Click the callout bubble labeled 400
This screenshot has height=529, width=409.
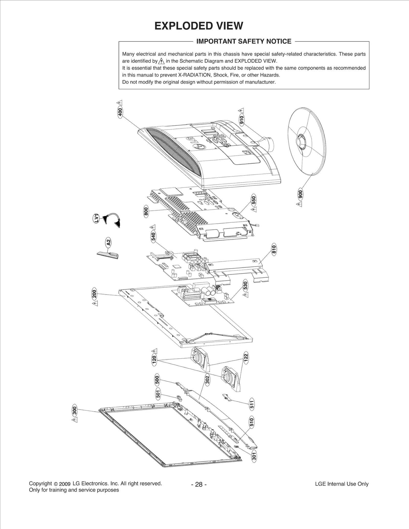point(120,112)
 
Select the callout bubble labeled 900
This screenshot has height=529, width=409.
point(300,195)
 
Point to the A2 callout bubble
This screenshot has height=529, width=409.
point(108,242)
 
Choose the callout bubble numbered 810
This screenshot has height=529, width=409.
point(274,249)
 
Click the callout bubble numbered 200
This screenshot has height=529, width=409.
point(94,294)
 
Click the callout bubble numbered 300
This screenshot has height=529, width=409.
point(74,410)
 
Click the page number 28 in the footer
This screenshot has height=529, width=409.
point(199,484)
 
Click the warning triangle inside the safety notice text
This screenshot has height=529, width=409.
point(161,61)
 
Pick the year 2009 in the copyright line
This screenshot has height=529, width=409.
point(64,484)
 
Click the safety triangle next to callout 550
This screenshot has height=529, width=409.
point(254,209)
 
